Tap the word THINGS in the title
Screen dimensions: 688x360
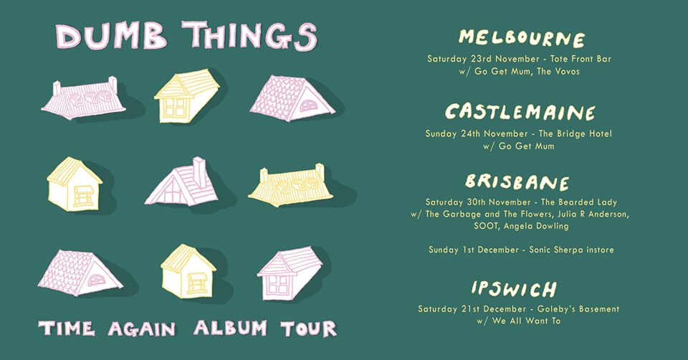pyautogui.click(x=249, y=36)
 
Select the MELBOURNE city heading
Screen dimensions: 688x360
pyautogui.click(x=522, y=39)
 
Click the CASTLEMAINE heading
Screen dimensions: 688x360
pyautogui.click(x=520, y=113)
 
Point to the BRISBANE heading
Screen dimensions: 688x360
pyautogui.click(x=517, y=182)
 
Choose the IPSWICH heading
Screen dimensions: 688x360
pyautogui.click(x=515, y=289)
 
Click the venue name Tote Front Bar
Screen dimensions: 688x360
pyautogui.click(x=580, y=59)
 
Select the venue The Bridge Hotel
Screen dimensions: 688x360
pyautogui.click(x=575, y=133)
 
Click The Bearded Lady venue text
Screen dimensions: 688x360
pyautogui.click(x=579, y=202)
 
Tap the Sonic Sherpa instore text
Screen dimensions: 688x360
pyautogui.click(x=571, y=250)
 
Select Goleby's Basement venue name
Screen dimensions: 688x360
pyautogui.click(x=578, y=309)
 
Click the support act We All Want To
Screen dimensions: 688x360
pyautogui.click(x=527, y=321)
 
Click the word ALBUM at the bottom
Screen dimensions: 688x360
pyautogui.click(x=230, y=328)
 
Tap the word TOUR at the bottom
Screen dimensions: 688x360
pyautogui.click(x=308, y=329)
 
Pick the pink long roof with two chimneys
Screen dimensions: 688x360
pyautogui.click(x=83, y=99)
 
